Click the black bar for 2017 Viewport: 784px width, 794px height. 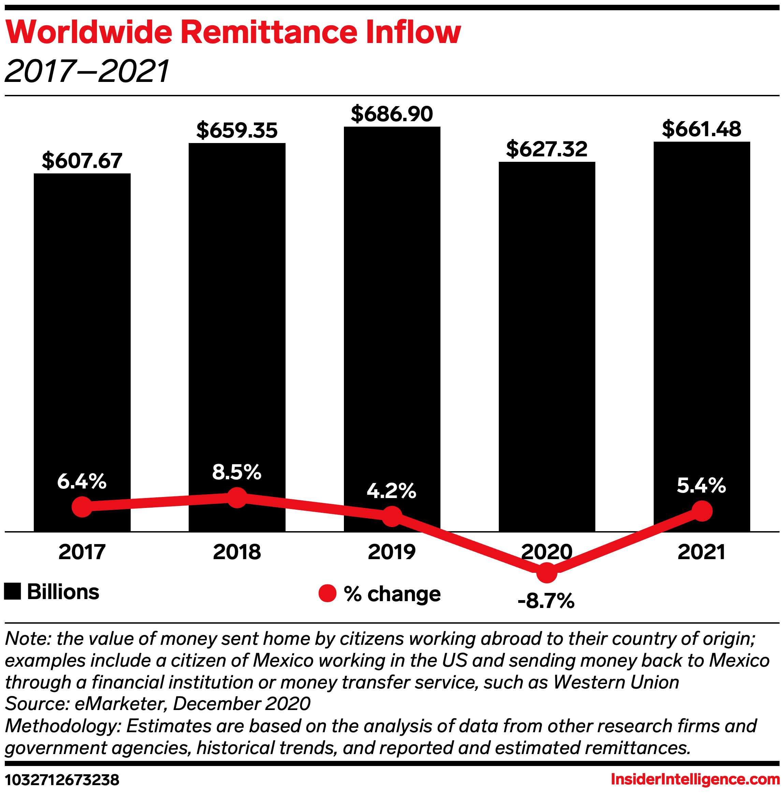click(x=82, y=329)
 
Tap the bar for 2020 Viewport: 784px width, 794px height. click(x=547, y=329)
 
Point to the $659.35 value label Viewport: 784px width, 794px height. click(x=237, y=130)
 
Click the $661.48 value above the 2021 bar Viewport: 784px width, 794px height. click(x=701, y=129)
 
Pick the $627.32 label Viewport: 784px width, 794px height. click(x=547, y=149)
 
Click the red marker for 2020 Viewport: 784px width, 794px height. click(x=547, y=572)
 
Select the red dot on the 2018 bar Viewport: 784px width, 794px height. click(x=237, y=498)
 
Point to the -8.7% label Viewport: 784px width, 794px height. click(x=546, y=601)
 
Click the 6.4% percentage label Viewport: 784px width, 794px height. click(x=82, y=481)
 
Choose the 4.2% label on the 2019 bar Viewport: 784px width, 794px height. click(x=391, y=491)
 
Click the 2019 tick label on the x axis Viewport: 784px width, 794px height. click(x=392, y=552)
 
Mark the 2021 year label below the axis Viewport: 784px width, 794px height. click(x=701, y=552)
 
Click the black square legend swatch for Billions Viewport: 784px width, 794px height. click(x=12, y=592)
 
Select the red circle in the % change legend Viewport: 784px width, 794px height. click(x=327, y=593)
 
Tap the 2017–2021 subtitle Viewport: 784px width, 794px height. click(x=87, y=71)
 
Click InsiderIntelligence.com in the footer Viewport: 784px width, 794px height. click(x=695, y=779)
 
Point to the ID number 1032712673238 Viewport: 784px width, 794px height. click(x=62, y=780)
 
